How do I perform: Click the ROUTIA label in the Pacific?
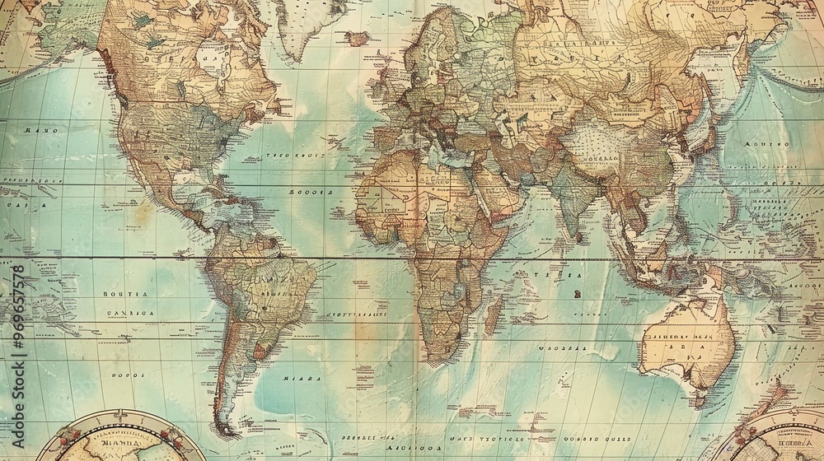(124, 294)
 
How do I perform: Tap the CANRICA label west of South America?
(129, 313)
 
